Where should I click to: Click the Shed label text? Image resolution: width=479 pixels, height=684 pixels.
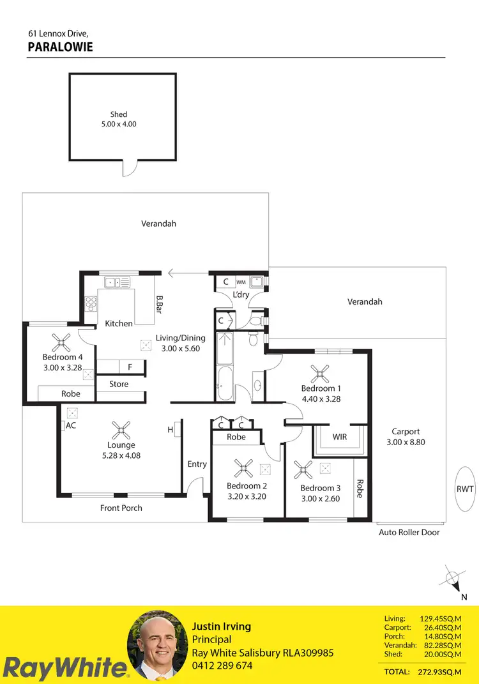118,114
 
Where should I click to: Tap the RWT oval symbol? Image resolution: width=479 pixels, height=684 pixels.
465,489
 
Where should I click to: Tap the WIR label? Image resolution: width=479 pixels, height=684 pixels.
339,437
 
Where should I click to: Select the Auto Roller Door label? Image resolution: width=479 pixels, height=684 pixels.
409,532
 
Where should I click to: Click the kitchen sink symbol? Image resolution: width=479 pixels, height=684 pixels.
118,282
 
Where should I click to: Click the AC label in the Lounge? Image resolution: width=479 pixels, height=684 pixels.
70,425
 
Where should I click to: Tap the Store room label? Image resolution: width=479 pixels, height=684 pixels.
119,384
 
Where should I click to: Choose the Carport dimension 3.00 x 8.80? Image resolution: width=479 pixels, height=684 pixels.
406,442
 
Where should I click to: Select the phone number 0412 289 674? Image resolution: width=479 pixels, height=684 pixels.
222,665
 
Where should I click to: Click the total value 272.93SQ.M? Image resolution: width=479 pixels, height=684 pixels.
440,673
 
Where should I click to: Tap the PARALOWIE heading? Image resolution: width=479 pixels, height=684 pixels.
61,47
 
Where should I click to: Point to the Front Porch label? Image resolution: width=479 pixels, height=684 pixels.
121,508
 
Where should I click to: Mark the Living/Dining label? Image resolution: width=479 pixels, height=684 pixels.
181,338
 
